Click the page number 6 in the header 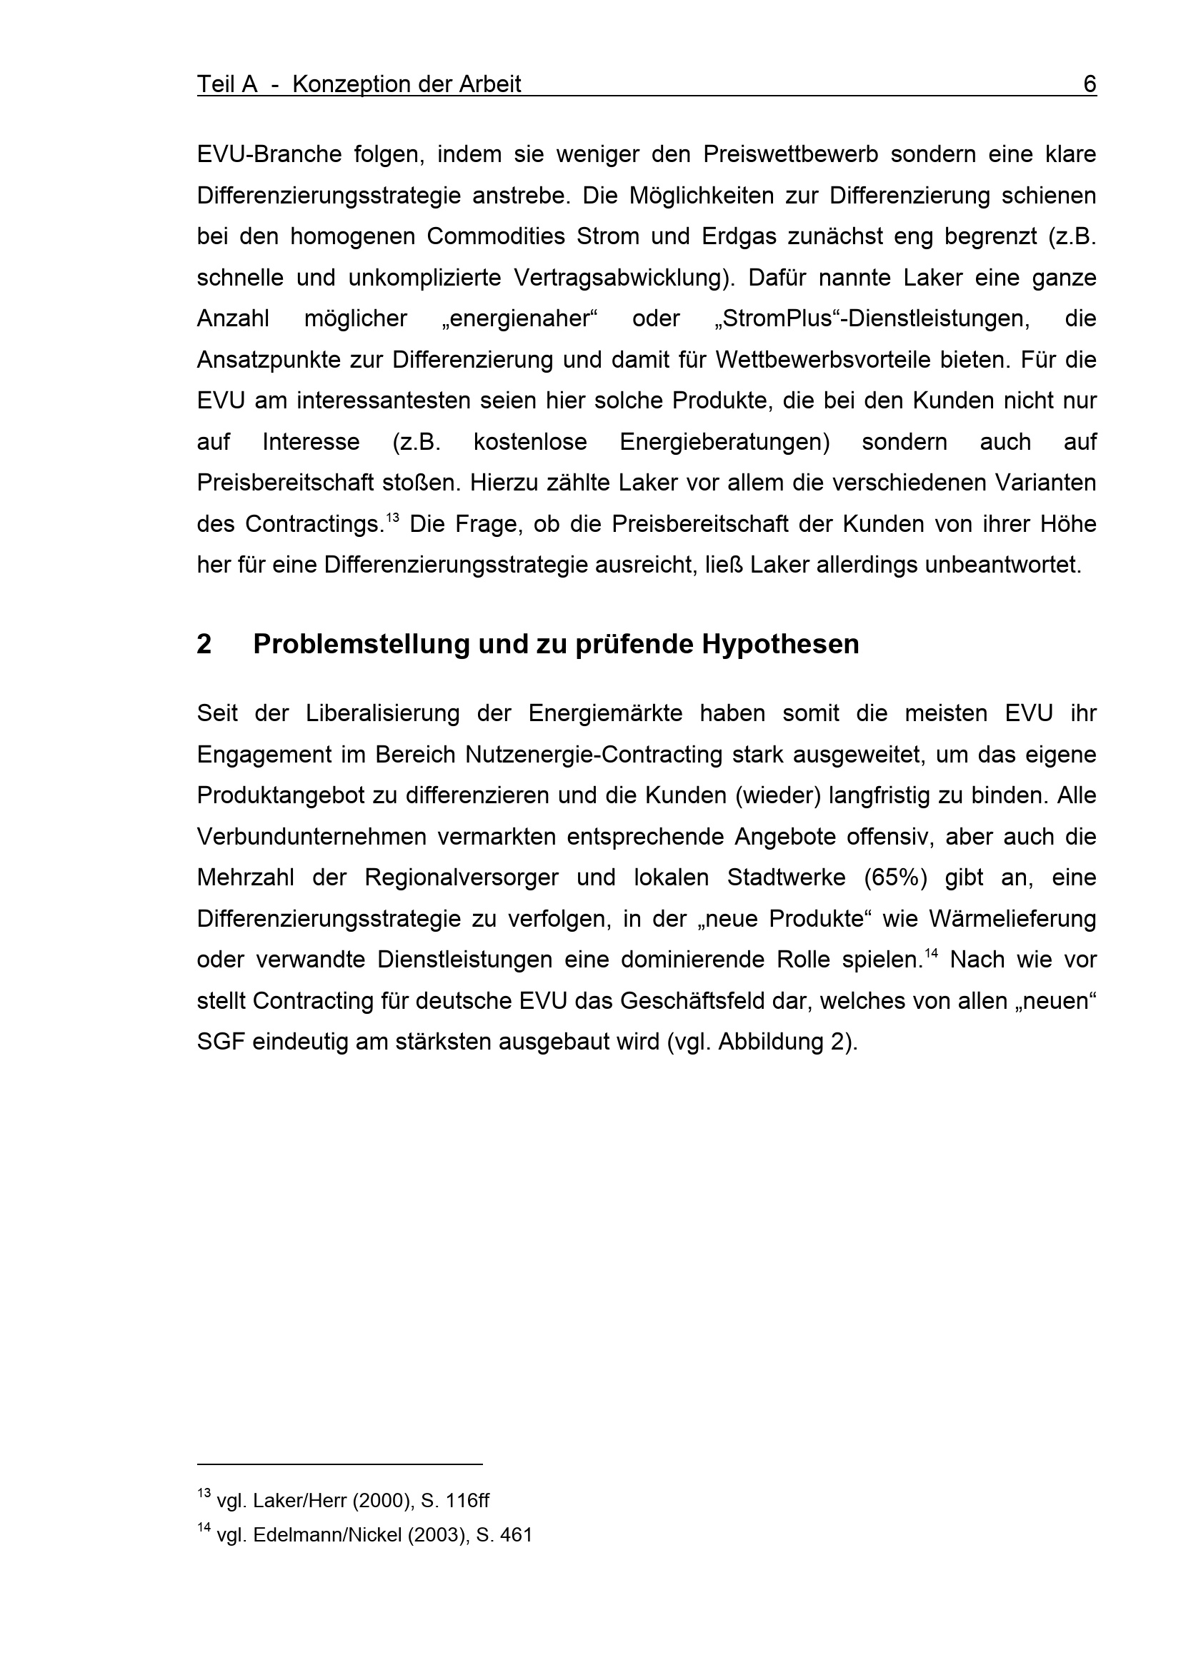click(1090, 84)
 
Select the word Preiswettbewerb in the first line click(791, 154)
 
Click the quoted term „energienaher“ click(519, 318)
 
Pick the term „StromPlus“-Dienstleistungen click(872, 318)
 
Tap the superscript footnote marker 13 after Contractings click(392, 518)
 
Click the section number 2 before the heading click(204, 644)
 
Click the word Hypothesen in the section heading click(780, 644)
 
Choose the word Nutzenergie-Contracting click(594, 754)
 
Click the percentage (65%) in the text click(895, 877)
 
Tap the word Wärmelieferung click(1012, 919)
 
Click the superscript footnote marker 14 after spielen click(931, 954)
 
